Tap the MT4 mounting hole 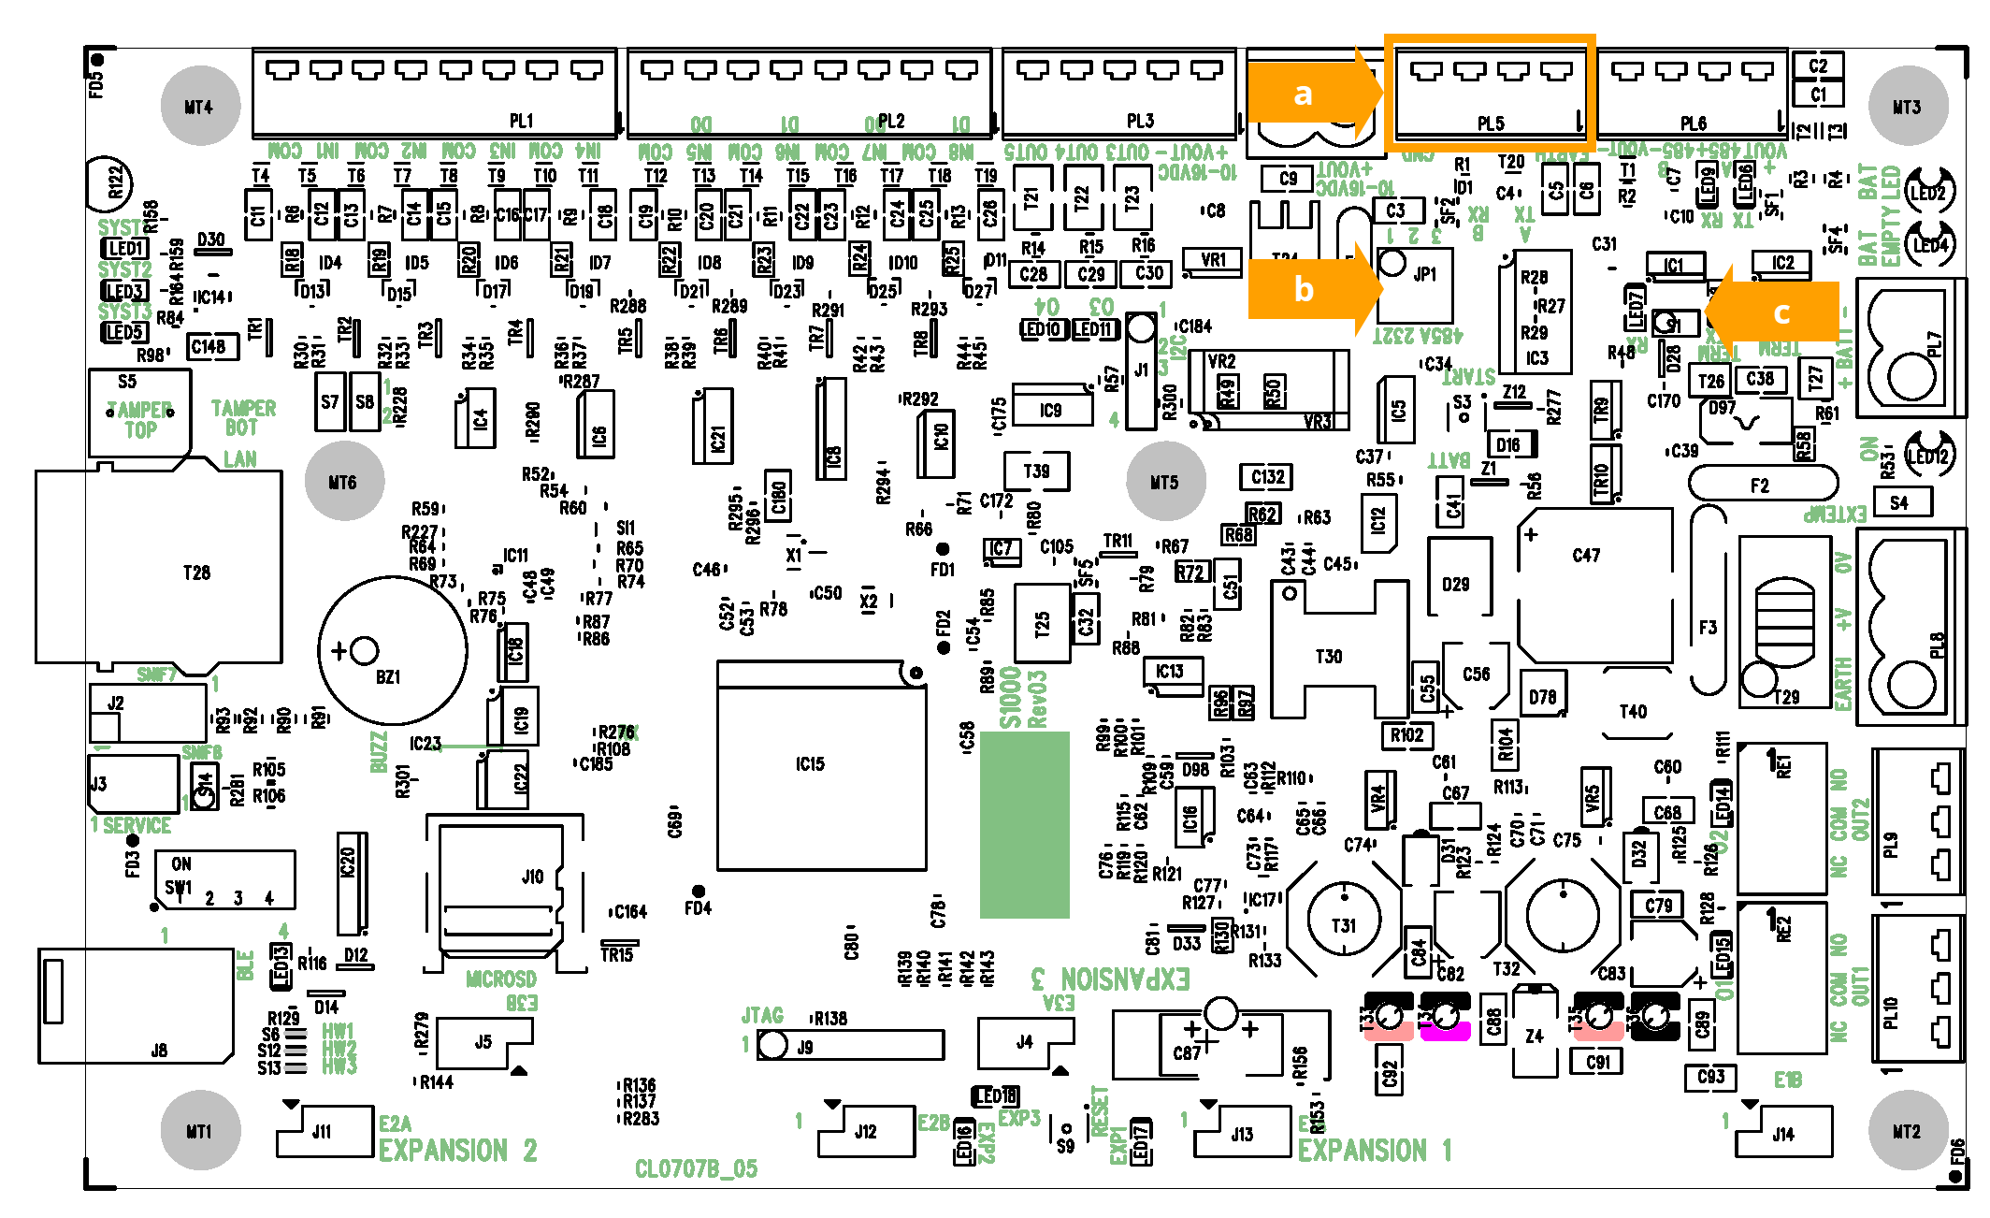(199, 107)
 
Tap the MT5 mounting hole (1164, 482)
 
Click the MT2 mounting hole (1907, 1130)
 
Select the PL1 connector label (521, 121)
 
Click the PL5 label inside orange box (1491, 123)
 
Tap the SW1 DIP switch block (224, 879)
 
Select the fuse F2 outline (1762, 485)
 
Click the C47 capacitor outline (1594, 585)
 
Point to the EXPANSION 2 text (457, 1150)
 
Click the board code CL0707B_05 (696, 1168)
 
